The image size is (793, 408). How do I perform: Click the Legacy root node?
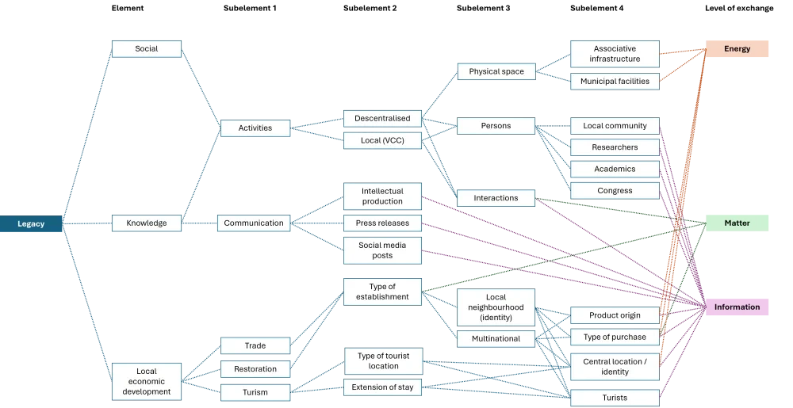pos(32,224)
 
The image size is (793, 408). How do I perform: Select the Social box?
pos(147,49)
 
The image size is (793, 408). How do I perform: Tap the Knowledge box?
pos(147,223)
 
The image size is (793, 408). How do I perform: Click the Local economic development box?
pos(147,381)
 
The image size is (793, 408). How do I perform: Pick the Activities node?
pos(255,128)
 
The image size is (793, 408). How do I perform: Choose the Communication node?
pos(254,223)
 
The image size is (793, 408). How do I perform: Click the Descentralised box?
pos(382,119)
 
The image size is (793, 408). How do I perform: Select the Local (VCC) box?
pos(382,140)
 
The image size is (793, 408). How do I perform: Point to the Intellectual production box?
pos(382,196)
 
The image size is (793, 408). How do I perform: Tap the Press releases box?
pos(382,223)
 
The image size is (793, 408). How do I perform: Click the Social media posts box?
pos(382,250)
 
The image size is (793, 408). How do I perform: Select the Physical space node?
pos(496,72)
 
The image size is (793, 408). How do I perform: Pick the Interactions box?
pos(496,198)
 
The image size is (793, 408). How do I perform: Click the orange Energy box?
pos(737,50)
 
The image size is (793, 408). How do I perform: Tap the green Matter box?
pos(737,223)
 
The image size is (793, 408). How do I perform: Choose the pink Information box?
pos(737,307)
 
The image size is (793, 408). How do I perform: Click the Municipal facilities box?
pos(615,81)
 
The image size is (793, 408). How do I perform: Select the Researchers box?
pos(615,147)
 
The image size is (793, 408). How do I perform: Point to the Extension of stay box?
pos(382,387)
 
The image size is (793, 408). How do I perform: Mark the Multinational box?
pos(496,339)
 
